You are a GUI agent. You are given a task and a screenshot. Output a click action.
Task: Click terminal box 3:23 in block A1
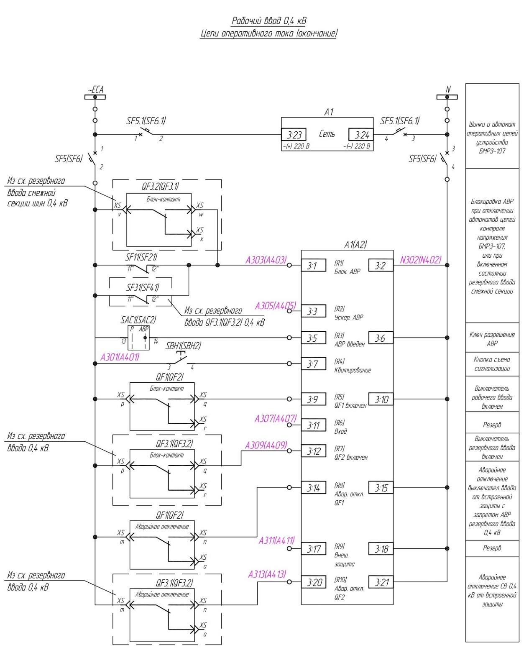click(x=294, y=135)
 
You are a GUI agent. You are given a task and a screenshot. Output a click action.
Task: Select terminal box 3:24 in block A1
click(x=361, y=135)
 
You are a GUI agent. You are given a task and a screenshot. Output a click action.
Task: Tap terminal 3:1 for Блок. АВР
click(x=313, y=265)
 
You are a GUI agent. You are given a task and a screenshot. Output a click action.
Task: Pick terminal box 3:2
click(x=381, y=265)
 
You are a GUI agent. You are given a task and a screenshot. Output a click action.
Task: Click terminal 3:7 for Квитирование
click(x=313, y=364)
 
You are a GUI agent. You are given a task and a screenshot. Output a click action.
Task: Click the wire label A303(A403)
click(x=266, y=260)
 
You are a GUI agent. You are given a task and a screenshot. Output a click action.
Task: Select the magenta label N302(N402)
click(x=421, y=260)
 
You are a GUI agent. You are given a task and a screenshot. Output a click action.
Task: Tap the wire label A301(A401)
click(x=120, y=357)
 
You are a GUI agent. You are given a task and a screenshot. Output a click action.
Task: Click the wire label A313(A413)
click(x=267, y=574)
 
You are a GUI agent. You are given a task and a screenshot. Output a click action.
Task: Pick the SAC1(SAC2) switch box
click(x=138, y=338)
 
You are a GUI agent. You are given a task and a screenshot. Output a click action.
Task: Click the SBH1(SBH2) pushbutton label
click(x=183, y=346)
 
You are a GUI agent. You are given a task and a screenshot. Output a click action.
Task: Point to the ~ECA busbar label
click(x=95, y=90)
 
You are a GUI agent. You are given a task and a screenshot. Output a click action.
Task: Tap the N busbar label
click(x=448, y=90)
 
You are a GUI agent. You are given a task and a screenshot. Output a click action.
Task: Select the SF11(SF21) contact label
click(x=141, y=257)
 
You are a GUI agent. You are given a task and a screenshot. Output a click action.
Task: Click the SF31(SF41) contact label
click(x=143, y=288)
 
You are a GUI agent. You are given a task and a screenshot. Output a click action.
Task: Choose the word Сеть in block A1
click(x=327, y=133)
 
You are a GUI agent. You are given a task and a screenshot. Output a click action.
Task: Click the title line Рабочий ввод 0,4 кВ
click(x=269, y=21)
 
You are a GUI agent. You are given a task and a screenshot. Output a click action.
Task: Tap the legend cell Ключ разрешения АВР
click(x=492, y=339)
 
